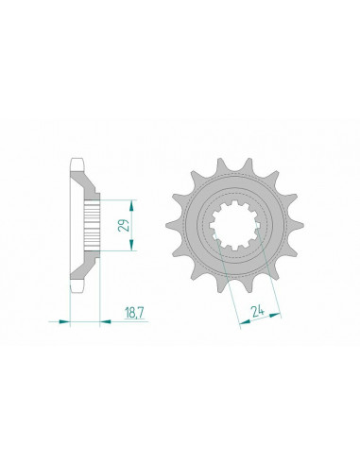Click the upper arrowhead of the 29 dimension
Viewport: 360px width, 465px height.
(129, 202)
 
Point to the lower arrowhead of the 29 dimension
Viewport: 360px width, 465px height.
(129, 248)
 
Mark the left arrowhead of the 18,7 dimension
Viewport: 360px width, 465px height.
(67, 321)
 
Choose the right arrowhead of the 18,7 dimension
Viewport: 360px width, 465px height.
(97, 321)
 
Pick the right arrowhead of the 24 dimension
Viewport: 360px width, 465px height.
(277, 313)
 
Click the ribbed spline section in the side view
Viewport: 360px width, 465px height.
(91, 225)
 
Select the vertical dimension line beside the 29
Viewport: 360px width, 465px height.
(129, 225)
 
